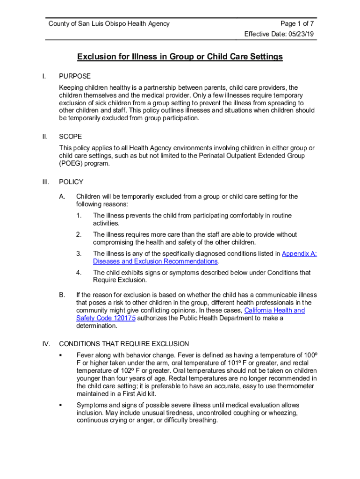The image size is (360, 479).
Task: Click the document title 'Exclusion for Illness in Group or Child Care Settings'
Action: (x=180, y=57)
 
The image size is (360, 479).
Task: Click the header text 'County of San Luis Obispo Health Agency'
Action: (x=109, y=24)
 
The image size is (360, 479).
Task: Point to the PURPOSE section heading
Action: (x=75, y=76)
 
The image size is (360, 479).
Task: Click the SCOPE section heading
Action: (x=71, y=137)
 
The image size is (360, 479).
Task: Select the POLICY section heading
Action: (x=71, y=182)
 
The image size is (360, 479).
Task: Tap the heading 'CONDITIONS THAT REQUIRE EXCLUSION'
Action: (x=124, y=344)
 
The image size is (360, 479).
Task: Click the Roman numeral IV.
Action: (x=46, y=344)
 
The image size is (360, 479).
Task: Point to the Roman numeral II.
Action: (x=45, y=137)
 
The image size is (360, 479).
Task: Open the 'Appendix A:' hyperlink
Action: (x=299, y=254)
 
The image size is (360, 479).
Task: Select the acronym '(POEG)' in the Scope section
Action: (x=70, y=164)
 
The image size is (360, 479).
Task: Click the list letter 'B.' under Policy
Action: (x=62, y=295)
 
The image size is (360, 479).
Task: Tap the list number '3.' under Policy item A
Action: (x=79, y=254)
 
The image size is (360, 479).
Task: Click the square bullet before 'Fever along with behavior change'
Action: (x=60, y=356)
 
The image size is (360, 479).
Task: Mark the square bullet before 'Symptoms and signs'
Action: (x=60, y=405)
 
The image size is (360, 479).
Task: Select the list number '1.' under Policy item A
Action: (x=79, y=216)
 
